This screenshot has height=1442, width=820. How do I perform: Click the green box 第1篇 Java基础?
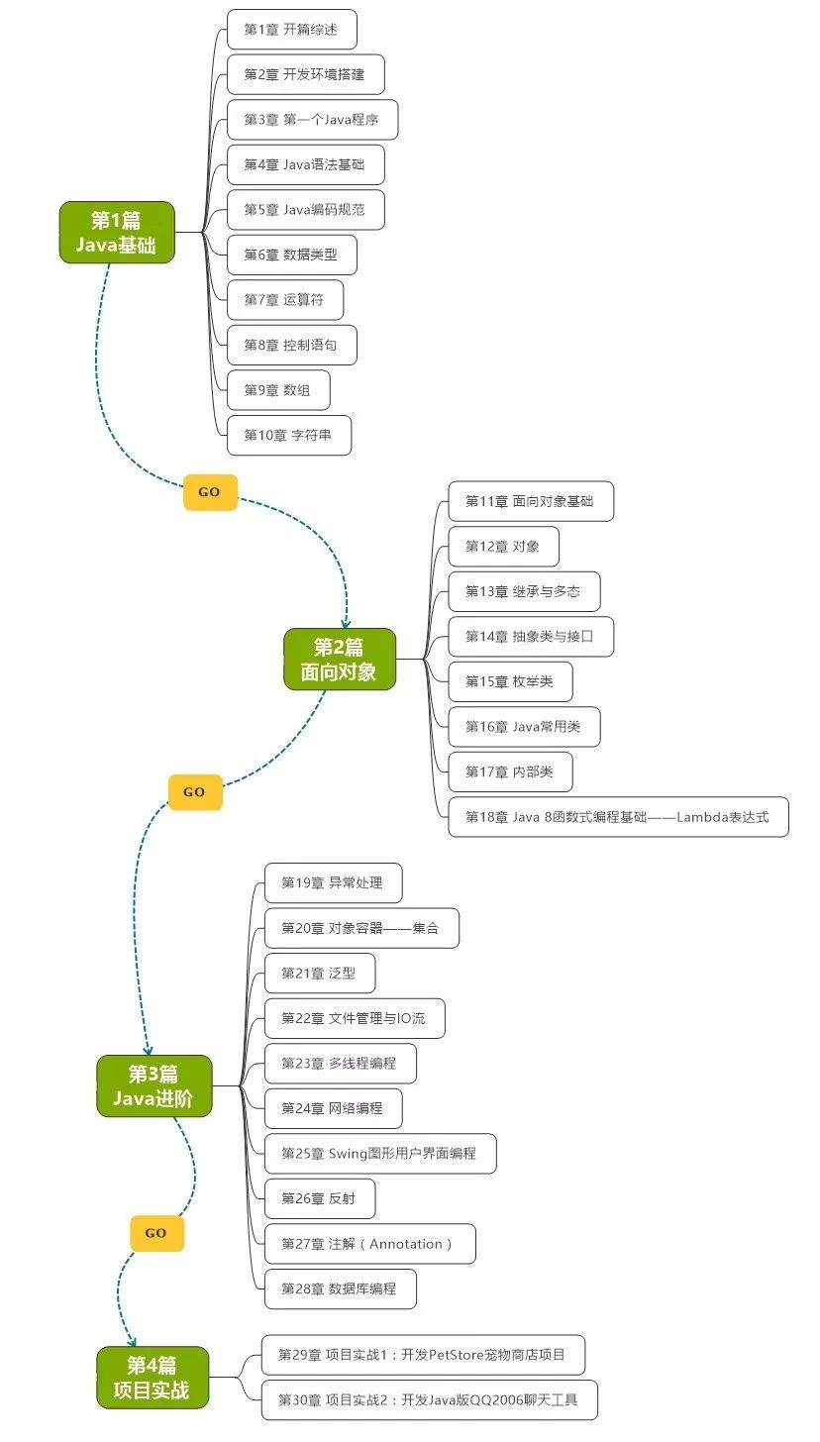coord(117,233)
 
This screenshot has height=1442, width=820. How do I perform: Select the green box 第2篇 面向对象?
coord(340,660)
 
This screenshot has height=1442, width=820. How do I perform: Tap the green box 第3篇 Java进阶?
coord(154,1086)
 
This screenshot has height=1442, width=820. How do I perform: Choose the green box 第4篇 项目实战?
coord(153,1377)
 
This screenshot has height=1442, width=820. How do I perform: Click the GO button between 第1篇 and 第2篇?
coord(210,492)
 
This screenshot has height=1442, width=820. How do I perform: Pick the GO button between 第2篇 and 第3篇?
coord(195,792)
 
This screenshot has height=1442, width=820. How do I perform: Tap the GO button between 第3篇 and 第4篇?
coord(156,1233)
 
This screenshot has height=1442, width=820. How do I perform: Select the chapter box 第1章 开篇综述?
coord(291,30)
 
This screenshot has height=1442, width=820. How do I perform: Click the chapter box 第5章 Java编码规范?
coord(305,210)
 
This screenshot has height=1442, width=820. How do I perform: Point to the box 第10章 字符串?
coord(288,436)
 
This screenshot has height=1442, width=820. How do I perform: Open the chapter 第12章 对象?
coord(503,547)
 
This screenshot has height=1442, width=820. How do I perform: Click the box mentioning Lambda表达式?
coord(618,817)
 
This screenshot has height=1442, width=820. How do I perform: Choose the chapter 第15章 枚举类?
coord(510,681)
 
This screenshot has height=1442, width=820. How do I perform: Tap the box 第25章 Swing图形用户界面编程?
coord(380,1154)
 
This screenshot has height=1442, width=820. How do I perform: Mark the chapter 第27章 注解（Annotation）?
coord(369,1244)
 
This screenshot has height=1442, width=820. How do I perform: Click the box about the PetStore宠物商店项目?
coord(423,1355)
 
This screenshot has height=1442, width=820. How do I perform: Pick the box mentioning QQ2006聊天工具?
coord(429,1400)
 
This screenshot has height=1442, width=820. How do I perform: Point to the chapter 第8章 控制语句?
coord(291,346)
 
